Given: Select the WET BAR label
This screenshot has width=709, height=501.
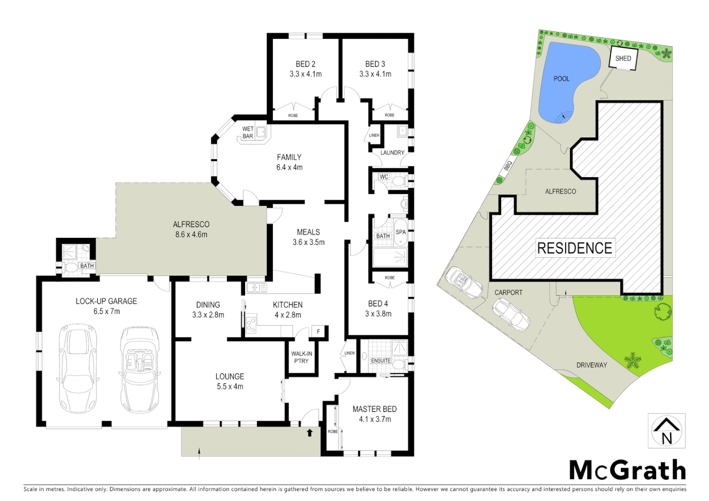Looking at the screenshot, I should click(x=248, y=133).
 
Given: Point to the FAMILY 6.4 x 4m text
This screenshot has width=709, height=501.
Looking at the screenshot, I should click(x=289, y=162).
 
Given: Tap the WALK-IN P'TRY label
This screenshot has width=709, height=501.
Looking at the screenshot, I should click(x=302, y=357).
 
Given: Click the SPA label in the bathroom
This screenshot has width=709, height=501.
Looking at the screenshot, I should click(x=400, y=232).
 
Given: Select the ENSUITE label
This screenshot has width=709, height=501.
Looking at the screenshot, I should click(x=380, y=360).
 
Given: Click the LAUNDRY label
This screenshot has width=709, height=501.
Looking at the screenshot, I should click(x=392, y=153).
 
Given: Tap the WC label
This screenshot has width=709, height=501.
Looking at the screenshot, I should click(x=384, y=177).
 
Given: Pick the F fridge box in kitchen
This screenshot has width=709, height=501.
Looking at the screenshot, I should click(x=318, y=331).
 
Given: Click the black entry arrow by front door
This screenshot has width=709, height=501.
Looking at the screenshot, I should click(x=309, y=432).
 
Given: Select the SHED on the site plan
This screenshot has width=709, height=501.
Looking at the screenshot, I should click(x=623, y=58).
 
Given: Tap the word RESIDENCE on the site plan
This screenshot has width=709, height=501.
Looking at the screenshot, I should click(x=574, y=248).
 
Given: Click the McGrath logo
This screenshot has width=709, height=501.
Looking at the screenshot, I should click(x=627, y=470).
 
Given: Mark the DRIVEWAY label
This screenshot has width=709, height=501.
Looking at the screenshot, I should click(x=592, y=365).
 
